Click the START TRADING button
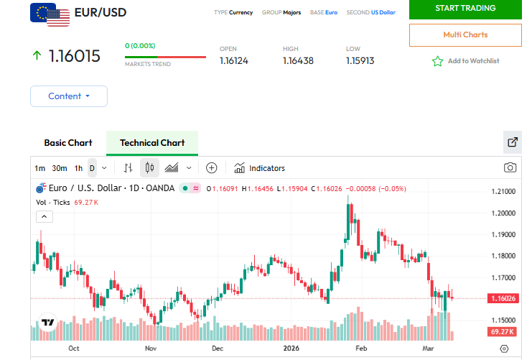coord(465,9)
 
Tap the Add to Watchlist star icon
coord(437,61)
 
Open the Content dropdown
coord(69,96)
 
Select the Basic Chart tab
coord(68,142)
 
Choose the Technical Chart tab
coord(152,142)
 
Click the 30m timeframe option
coord(60,168)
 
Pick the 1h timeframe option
coord(78,168)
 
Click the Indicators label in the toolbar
coord(266,168)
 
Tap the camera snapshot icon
coord(510,167)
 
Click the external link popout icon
coord(513,142)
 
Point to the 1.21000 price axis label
coord(503,192)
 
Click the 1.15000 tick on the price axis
coord(503,320)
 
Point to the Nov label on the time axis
coord(151,348)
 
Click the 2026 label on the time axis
coord(291,348)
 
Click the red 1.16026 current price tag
coord(503,298)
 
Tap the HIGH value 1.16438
coord(298,61)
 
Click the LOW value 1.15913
coord(360,61)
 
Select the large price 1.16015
coord(74,56)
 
